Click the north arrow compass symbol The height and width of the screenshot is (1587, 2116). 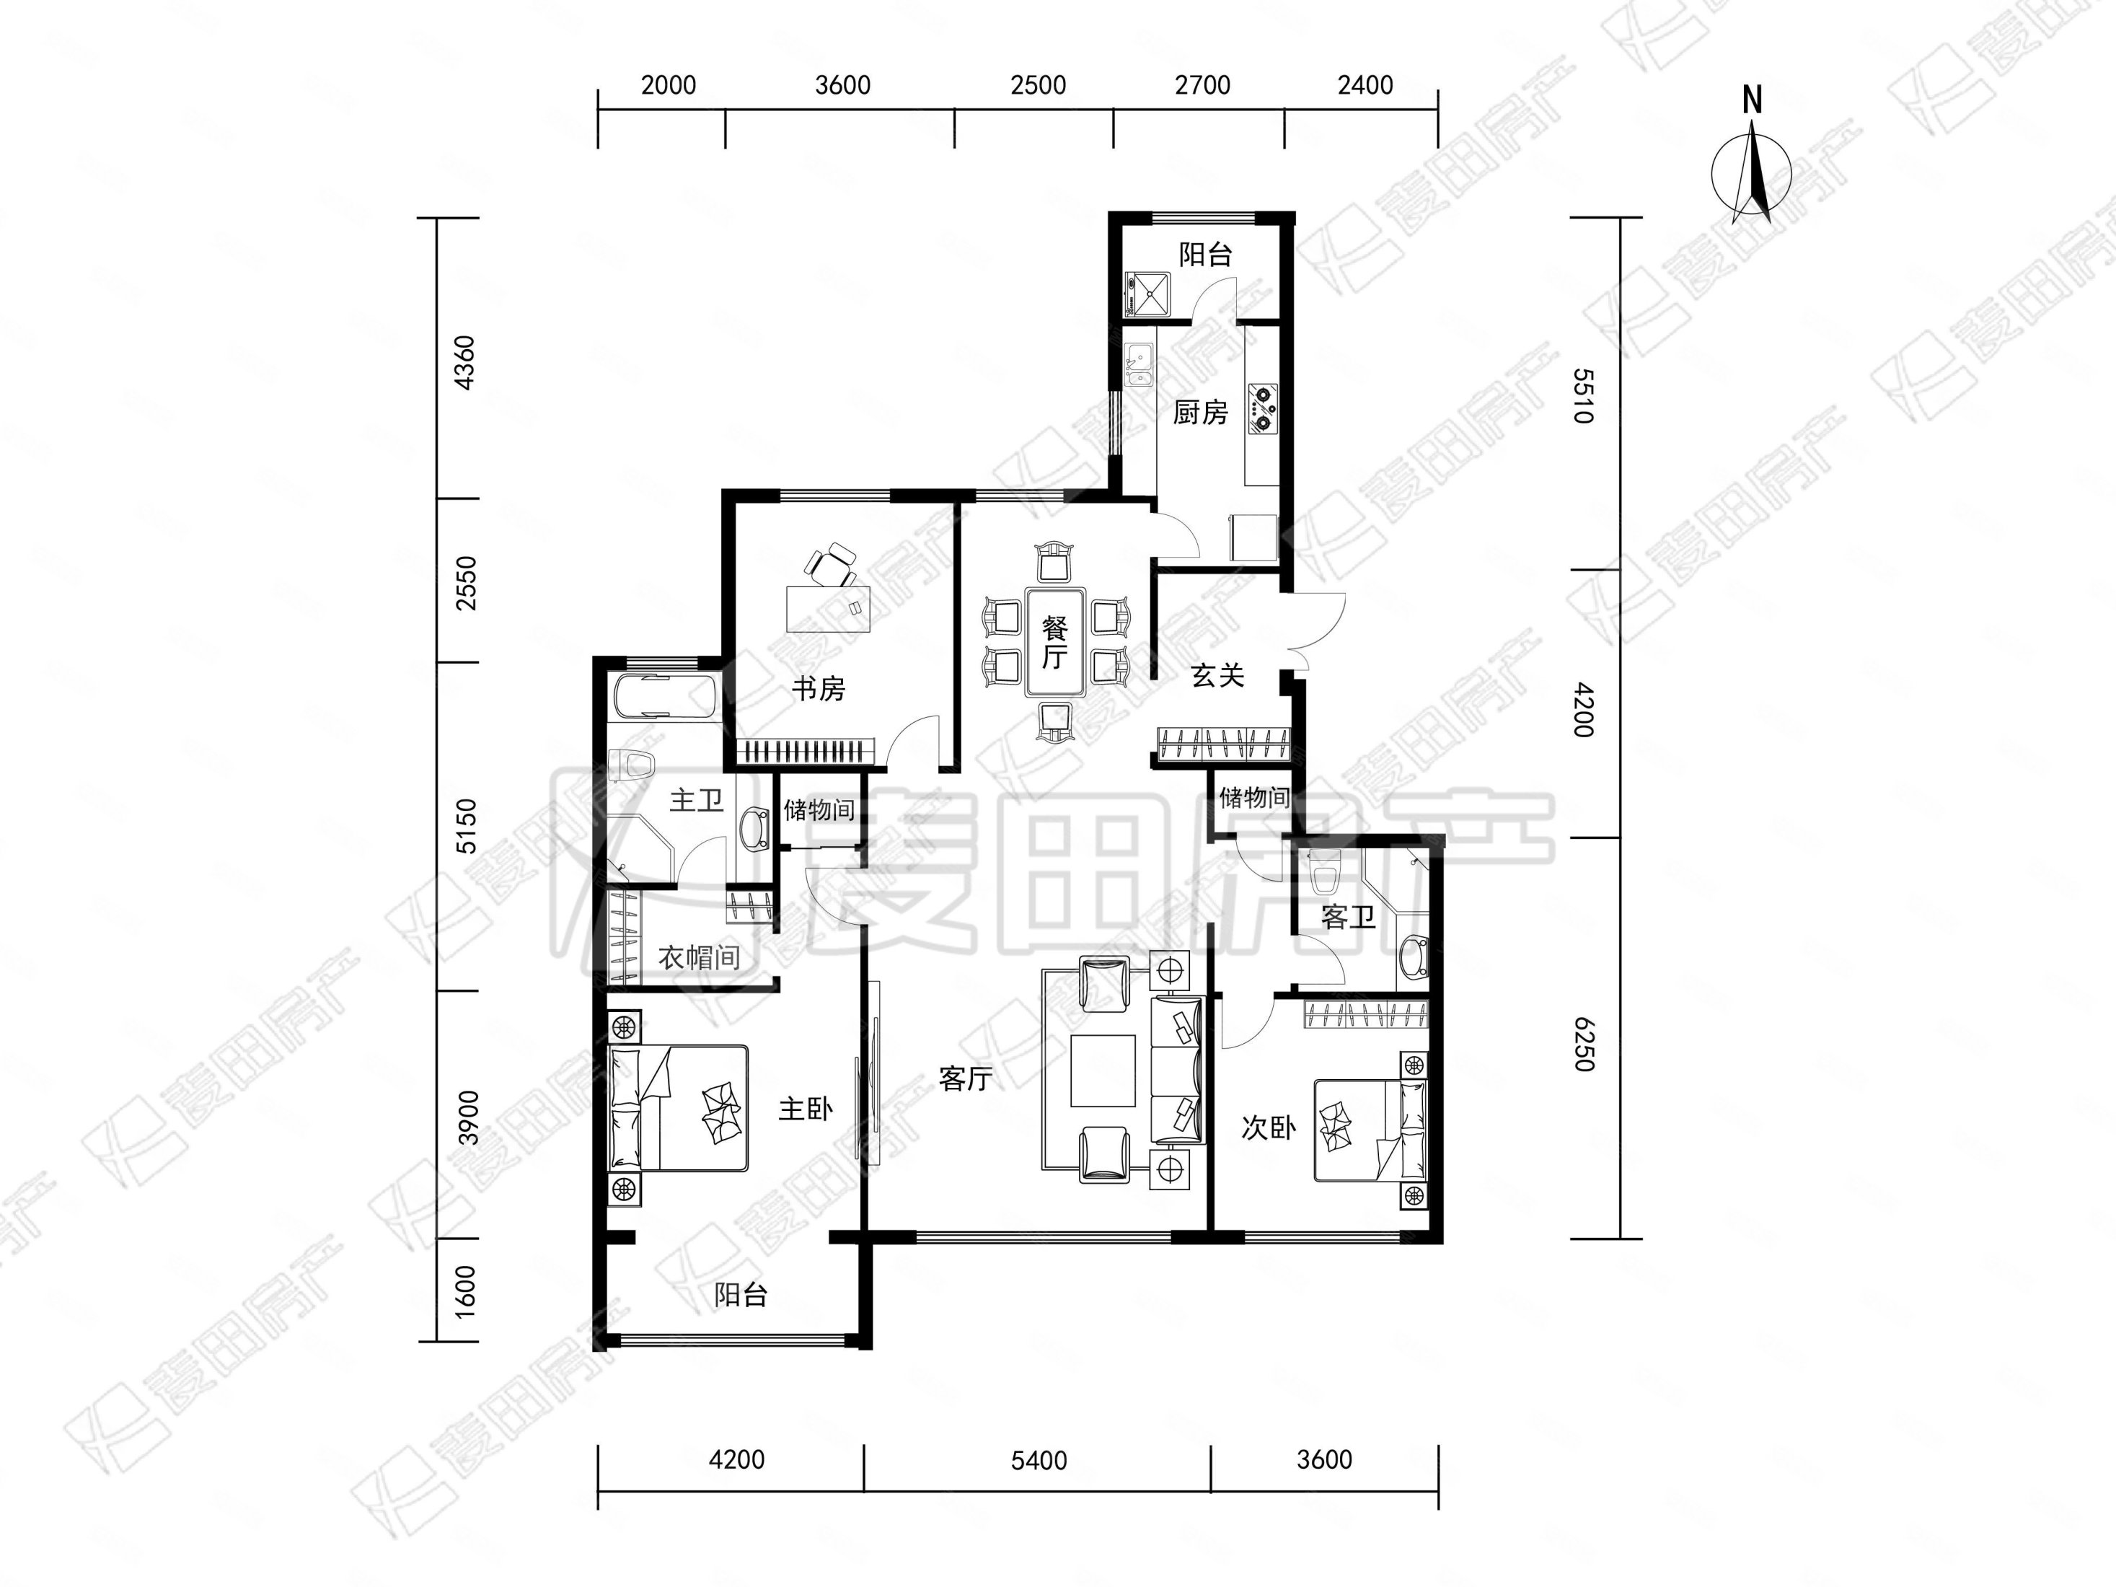tap(1752, 172)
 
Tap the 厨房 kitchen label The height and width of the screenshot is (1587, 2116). tap(1201, 413)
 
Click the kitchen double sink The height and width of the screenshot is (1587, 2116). tap(1138, 364)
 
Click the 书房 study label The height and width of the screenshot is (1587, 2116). tap(818, 689)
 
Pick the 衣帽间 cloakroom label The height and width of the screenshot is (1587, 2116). tap(700, 957)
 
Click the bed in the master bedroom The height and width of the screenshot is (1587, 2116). tap(678, 1109)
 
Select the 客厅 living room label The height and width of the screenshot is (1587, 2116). tap(965, 1079)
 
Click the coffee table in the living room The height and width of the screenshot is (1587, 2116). tap(1103, 1071)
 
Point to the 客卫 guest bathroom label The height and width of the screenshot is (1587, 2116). tap(1348, 918)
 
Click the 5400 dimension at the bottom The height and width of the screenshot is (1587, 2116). tap(1039, 1461)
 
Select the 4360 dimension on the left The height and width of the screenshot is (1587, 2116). tap(464, 363)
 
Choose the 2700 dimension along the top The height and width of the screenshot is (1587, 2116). tap(1202, 86)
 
